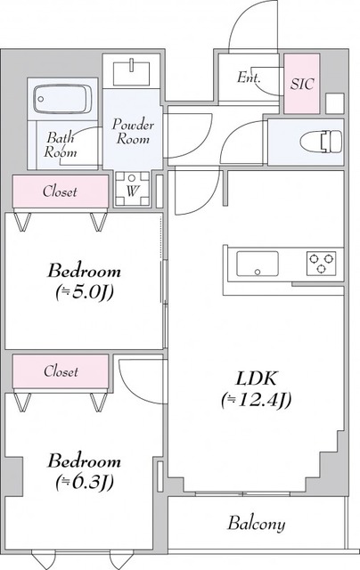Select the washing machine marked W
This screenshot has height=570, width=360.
[x=132, y=188]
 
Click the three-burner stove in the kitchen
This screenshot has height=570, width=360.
[x=322, y=264]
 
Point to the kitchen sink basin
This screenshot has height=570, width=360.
[x=257, y=264]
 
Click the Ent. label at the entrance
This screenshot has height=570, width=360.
[x=249, y=78]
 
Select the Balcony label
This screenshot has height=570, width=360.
[x=256, y=523]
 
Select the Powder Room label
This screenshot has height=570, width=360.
[x=134, y=133]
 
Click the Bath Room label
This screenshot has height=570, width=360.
[x=61, y=144]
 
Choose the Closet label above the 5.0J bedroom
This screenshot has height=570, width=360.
[x=61, y=191]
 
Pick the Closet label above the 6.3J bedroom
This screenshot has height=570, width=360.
[x=61, y=370]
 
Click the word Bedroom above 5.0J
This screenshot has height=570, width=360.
[x=84, y=271]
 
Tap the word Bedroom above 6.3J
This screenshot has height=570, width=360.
[x=84, y=461]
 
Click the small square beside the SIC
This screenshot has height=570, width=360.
[x=333, y=102]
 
